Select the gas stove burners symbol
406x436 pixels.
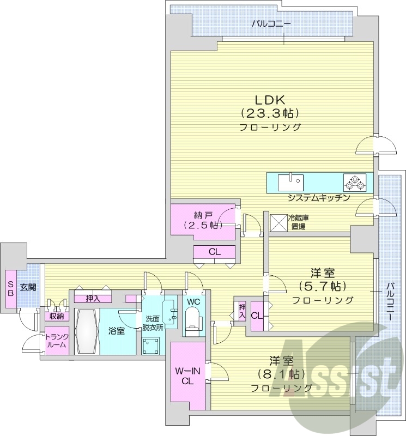pyautogui.click(x=354, y=182)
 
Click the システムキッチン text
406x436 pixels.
pyautogui.click(x=318, y=198)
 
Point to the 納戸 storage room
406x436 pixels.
pyautogui.click(x=203, y=219)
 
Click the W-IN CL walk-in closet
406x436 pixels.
pyautogui.click(x=187, y=376)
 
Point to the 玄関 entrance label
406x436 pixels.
pyautogui.click(x=28, y=287)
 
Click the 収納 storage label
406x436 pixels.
pyautogui.click(x=56, y=317)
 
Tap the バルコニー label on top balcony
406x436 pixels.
pyautogui.click(x=271, y=24)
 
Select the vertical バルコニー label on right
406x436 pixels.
pyautogui.click(x=392, y=301)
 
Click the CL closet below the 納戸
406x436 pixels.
pyautogui.click(x=215, y=252)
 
